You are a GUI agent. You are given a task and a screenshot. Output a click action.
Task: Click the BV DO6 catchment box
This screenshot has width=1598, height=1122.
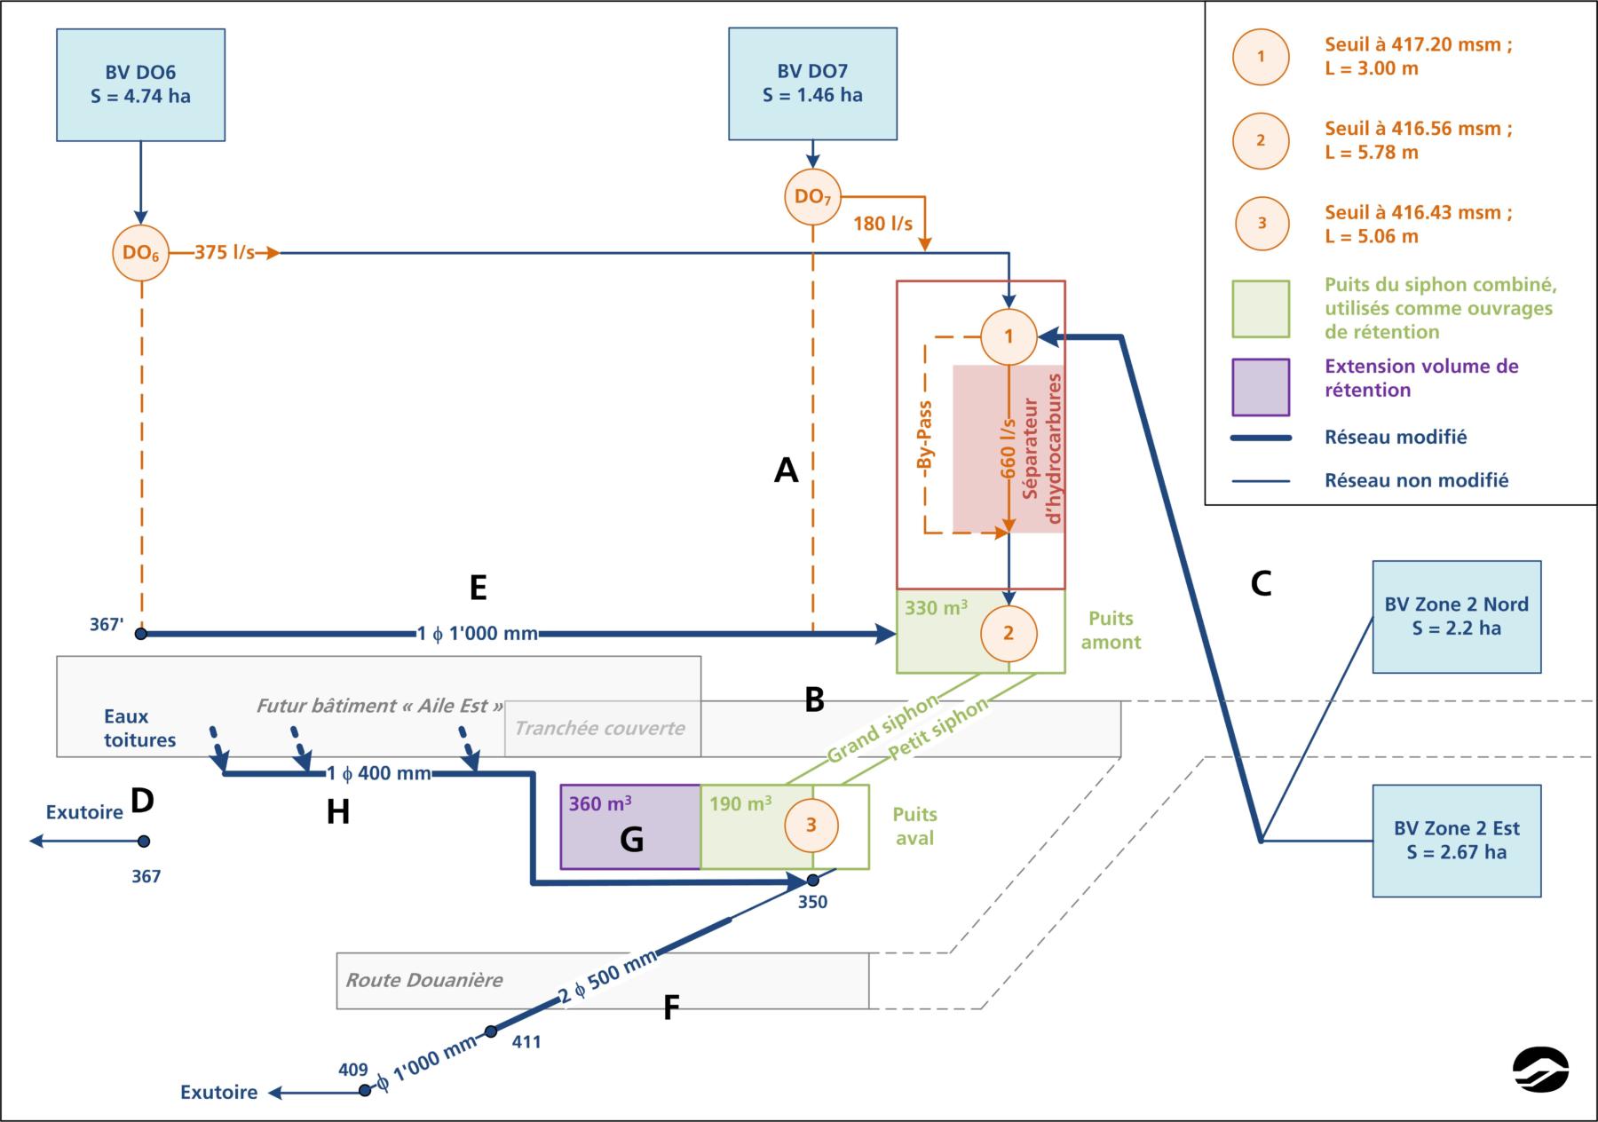pos(140,84)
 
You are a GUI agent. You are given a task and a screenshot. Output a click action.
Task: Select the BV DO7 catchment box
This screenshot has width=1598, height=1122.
pos(812,83)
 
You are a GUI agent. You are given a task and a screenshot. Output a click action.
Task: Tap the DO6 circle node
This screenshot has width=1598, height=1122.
pos(140,253)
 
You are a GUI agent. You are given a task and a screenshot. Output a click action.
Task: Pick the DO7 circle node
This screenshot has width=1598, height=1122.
pos(812,196)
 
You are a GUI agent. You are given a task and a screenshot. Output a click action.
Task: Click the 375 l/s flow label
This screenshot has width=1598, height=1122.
pos(224,253)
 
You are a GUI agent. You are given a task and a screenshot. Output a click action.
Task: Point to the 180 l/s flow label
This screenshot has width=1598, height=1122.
pos(882,224)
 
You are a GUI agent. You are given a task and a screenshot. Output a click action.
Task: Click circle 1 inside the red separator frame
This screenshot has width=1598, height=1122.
pos(1009,336)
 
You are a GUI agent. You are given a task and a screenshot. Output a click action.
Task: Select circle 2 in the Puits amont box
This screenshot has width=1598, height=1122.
pos(1009,633)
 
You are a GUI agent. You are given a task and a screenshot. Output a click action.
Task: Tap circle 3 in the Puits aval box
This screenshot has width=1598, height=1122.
pos(811,825)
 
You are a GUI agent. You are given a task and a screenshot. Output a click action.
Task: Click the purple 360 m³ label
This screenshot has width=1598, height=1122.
pos(600,804)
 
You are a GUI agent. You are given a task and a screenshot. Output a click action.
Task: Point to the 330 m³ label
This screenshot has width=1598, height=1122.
pos(936,609)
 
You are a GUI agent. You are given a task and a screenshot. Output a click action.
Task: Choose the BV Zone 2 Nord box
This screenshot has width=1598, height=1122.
pos(1456,616)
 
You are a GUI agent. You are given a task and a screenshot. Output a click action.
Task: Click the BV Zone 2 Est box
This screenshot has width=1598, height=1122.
pos(1456,840)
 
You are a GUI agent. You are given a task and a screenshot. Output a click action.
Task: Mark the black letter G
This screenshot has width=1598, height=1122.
pos(631,839)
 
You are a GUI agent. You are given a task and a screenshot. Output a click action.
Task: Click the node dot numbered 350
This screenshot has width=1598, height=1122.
pos(812,880)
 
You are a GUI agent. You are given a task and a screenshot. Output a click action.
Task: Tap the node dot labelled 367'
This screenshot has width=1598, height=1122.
pos(140,634)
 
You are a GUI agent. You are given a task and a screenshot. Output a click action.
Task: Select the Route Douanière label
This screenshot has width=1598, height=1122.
pos(424,980)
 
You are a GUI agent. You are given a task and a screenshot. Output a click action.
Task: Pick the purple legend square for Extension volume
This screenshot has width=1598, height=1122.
pos(1261,387)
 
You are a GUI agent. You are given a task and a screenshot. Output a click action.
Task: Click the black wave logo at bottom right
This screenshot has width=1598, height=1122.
pos(1540,1069)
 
